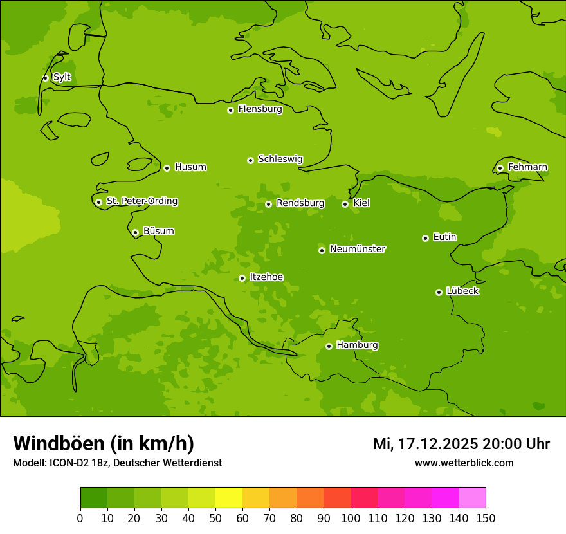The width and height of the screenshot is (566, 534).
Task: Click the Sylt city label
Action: [x=62, y=77]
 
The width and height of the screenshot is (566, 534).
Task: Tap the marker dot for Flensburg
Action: [x=230, y=110]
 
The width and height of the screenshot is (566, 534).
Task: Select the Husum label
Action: [x=190, y=167]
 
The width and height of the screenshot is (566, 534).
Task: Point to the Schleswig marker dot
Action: [x=250, y=160]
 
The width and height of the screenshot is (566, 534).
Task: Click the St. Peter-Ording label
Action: [x=141, y=201]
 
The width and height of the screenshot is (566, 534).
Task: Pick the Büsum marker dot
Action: [x=135, y=232]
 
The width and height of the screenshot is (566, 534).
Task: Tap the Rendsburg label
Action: [x=300, y=203]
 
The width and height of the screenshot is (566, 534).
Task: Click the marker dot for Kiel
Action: [x=345, y=204]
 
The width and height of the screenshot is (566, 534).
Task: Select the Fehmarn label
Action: [x=527, y=167]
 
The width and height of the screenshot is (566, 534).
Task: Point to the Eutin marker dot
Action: [x=425, y=238]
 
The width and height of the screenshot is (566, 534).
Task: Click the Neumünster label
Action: [x=358, y=249]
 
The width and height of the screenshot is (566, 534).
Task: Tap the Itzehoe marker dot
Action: [x=242, y=279]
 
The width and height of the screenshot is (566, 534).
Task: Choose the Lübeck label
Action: [x=462, y=291]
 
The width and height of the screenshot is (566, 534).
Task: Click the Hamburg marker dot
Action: [x=329, y=346]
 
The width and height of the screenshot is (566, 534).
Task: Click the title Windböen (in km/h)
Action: [x=104, y=443]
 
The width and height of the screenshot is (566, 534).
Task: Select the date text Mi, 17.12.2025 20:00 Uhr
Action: [x=461, y=444]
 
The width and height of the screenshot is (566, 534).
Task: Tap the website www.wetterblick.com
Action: [x=464, y=463]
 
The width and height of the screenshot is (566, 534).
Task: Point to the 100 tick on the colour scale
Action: [x=351, y=518]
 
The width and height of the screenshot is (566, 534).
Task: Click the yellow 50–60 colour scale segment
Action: [x=229, y=498]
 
